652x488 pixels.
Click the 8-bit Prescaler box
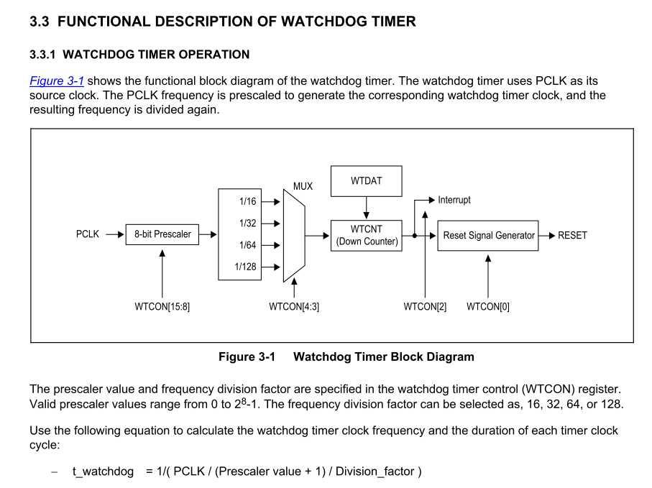point(162,234)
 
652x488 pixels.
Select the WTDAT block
point(367,181)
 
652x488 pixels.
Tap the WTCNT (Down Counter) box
point(367,235)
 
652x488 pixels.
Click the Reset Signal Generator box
point(488,235)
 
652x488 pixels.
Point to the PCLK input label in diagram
point(88,234)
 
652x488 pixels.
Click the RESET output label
point(573,235)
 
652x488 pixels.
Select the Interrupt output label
point(454,200)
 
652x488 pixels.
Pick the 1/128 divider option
point(246,267)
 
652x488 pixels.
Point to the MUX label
point(303,186)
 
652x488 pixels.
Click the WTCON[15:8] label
point(162,307)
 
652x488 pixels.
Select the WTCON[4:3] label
point(294,307)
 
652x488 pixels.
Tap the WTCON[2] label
point(425,307)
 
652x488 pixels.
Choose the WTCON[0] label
point(488,307)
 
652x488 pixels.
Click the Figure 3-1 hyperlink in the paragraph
point(56,80)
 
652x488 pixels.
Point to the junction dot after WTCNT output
point(415,235)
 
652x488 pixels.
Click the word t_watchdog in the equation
point(103,471)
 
